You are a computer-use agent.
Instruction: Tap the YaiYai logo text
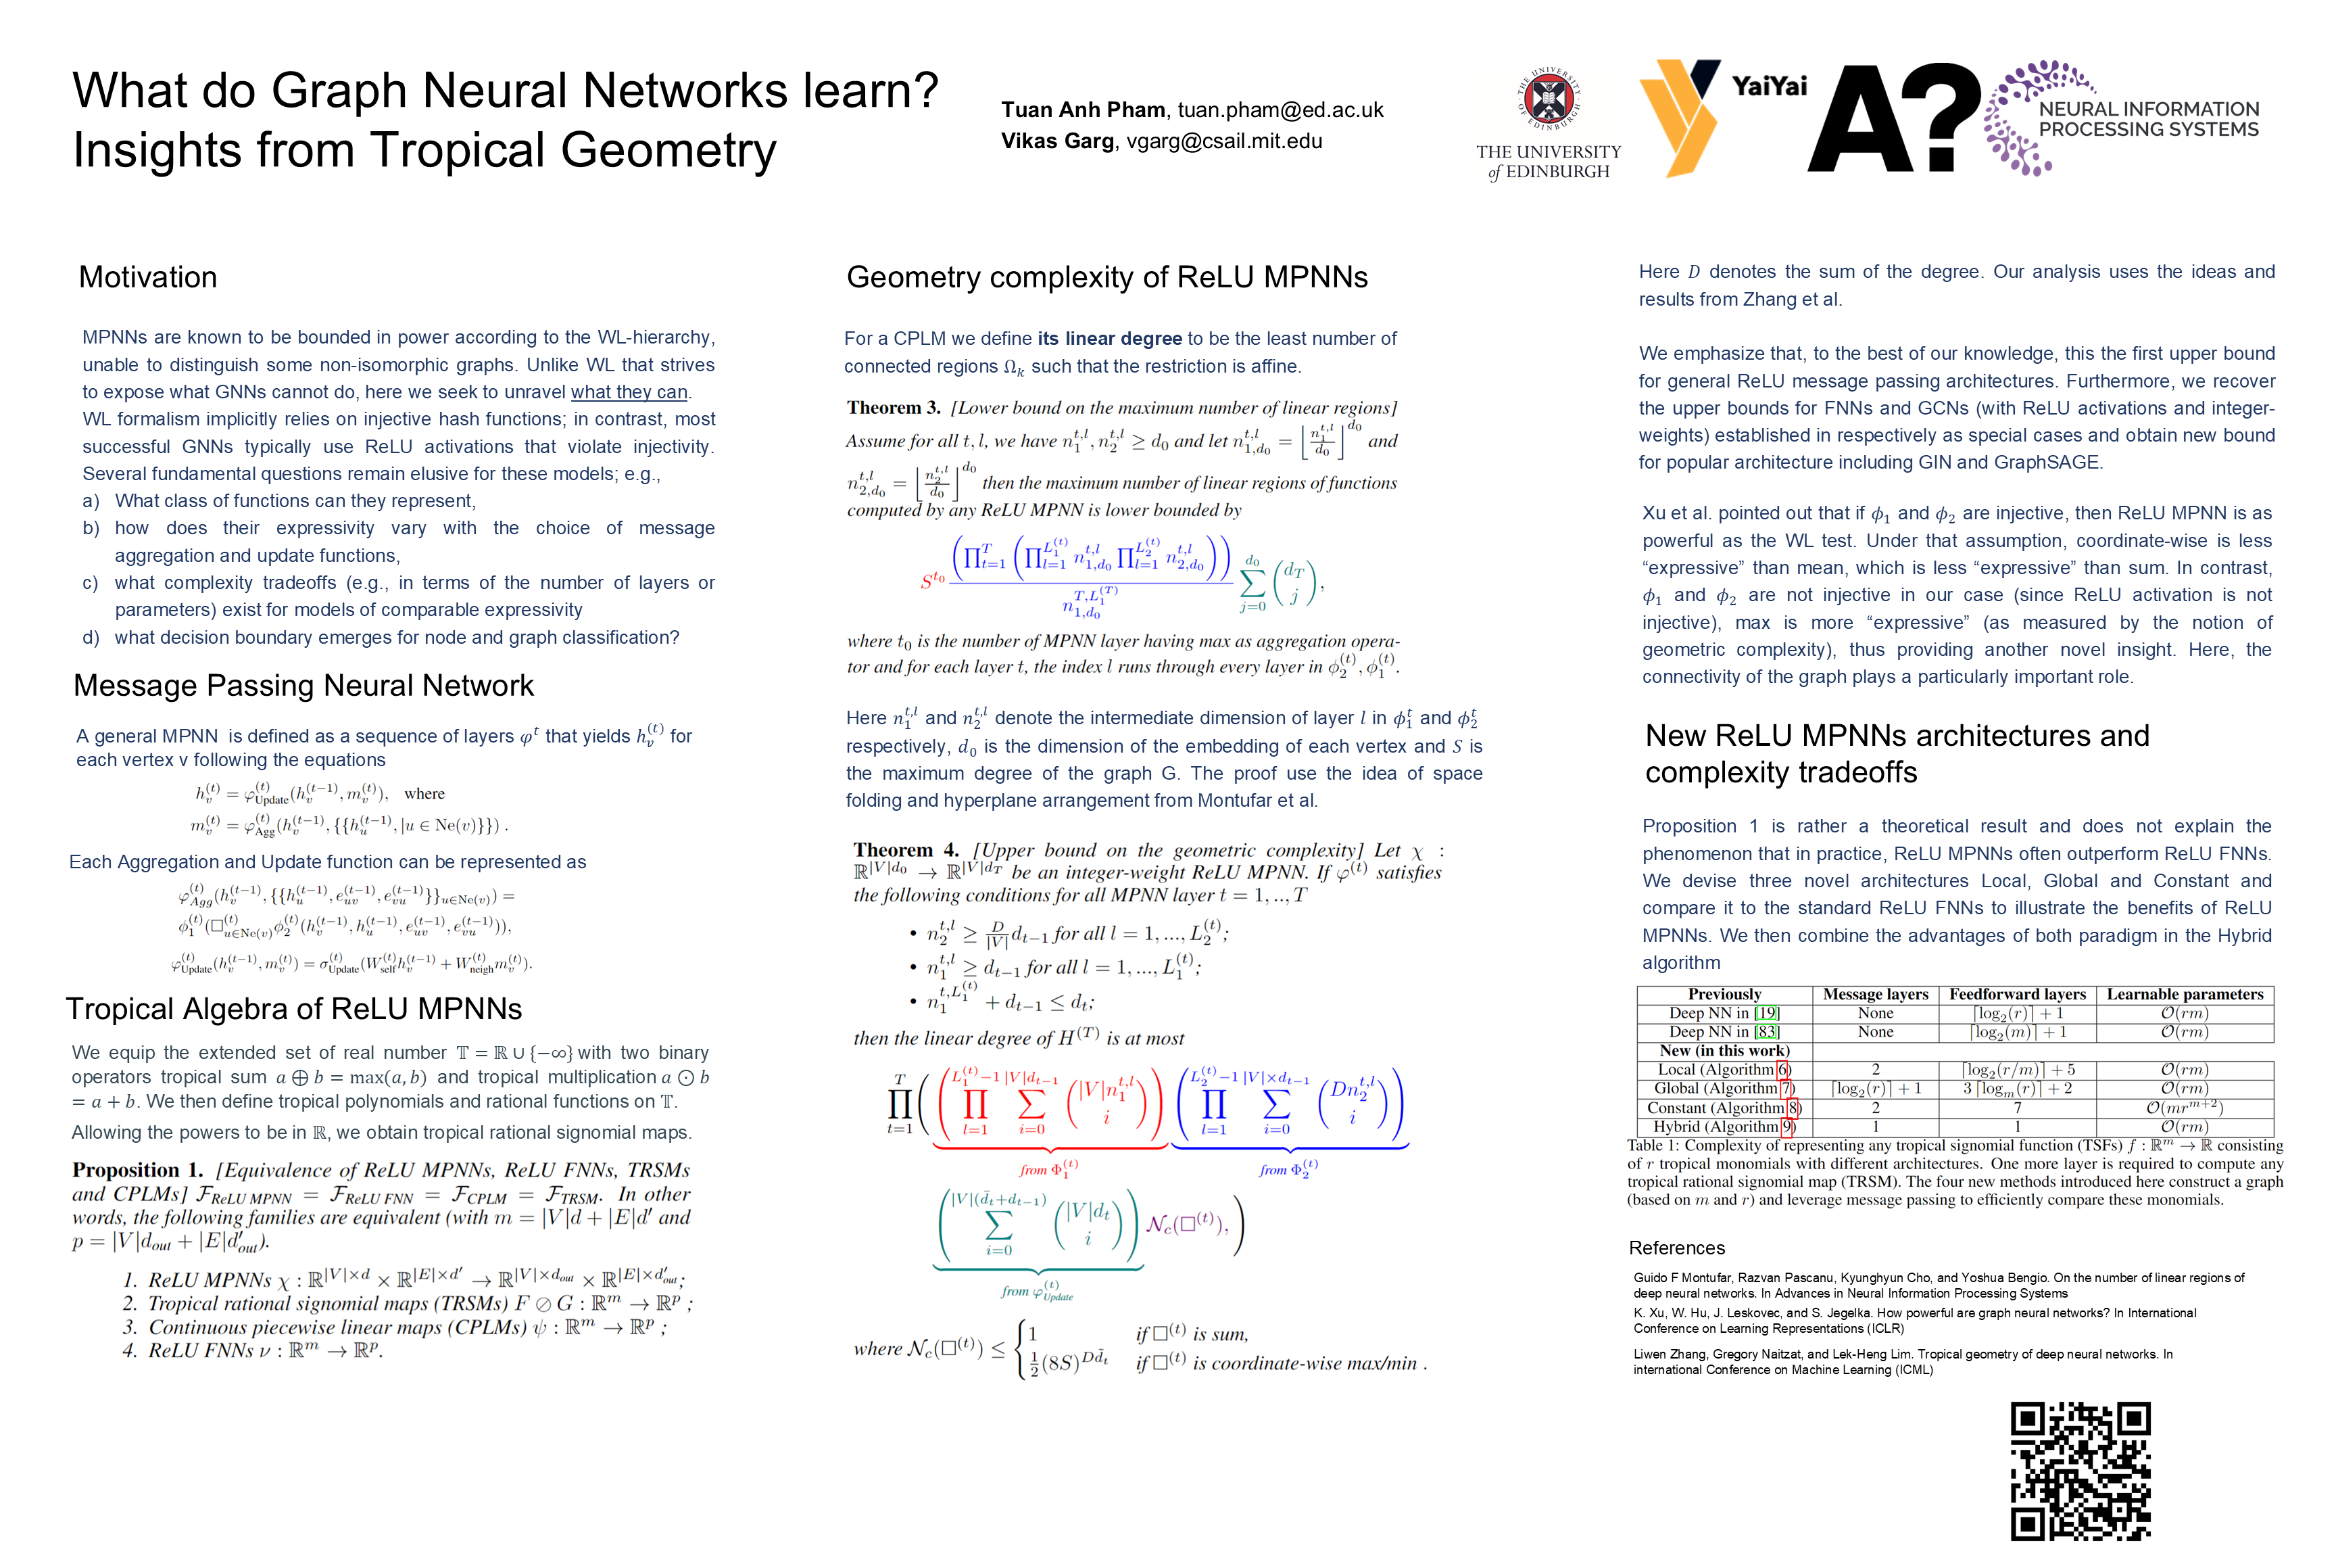tap(1769, 87)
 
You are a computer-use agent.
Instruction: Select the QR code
tap(2080, 1471)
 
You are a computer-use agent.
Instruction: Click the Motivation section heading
tap(148, 277)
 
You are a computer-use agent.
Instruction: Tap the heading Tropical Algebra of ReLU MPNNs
tap(294, 1008)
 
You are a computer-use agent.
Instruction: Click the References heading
tap(1676, 1248)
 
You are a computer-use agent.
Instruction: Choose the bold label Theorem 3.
tap(893, 407)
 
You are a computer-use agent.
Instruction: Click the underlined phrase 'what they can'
tap(629, 392)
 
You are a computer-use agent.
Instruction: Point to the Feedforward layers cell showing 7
tap(2017, 1108)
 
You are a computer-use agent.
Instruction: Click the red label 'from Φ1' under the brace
tap(1048, 1169)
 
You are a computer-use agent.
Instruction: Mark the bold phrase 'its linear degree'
tap(1109, 339)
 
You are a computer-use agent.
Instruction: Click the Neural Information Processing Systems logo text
tap(2148, 119)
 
